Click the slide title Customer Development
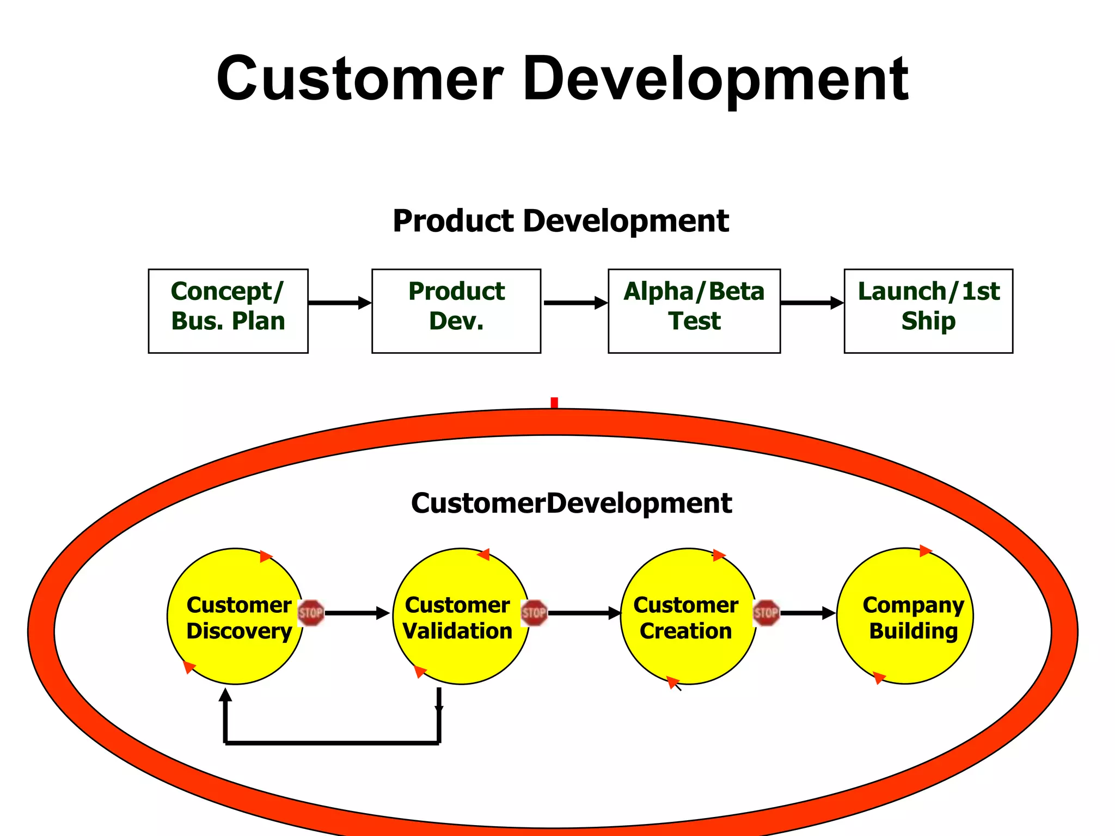point(562,79)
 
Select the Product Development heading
point(561,221)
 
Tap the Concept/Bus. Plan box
point(228,311)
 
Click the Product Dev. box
point(456,311)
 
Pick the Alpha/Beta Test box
point(694,311)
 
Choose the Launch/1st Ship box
point(928,311)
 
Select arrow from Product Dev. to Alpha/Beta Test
point(575,303)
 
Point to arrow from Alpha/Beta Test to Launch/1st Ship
point(812,303)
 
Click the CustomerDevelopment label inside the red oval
point(571,503)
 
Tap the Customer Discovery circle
point(235,616)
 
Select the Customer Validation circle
point(461,616)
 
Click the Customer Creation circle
point(688,616)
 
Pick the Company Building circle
point(905,616)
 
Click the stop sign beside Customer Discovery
point(311,613)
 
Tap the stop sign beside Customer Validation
point(534,613)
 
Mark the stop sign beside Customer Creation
point(766,613)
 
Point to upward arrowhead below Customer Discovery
point(225,695)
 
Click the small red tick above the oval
point(554,403)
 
